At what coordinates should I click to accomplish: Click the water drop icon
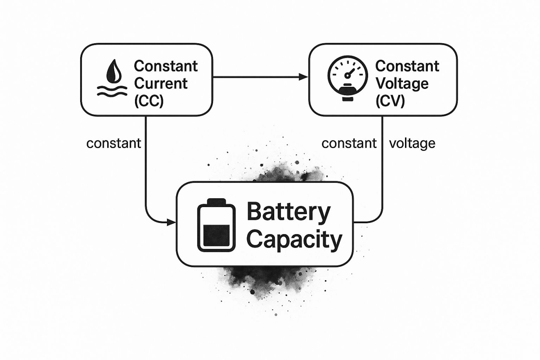112,72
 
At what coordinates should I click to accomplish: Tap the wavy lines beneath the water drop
112,91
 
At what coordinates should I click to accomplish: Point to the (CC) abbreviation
149,101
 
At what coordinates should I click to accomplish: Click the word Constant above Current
166,66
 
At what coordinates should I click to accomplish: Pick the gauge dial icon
348,75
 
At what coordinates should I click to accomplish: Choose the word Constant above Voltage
407,66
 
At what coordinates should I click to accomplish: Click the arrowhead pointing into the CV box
304,77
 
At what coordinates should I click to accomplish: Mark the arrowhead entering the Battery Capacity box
171,223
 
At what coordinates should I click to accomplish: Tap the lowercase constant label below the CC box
114,143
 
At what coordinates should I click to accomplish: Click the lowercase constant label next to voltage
349,143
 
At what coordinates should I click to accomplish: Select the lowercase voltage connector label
412,143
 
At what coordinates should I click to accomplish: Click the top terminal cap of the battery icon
216,202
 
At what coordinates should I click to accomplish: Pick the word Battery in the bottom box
288,212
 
